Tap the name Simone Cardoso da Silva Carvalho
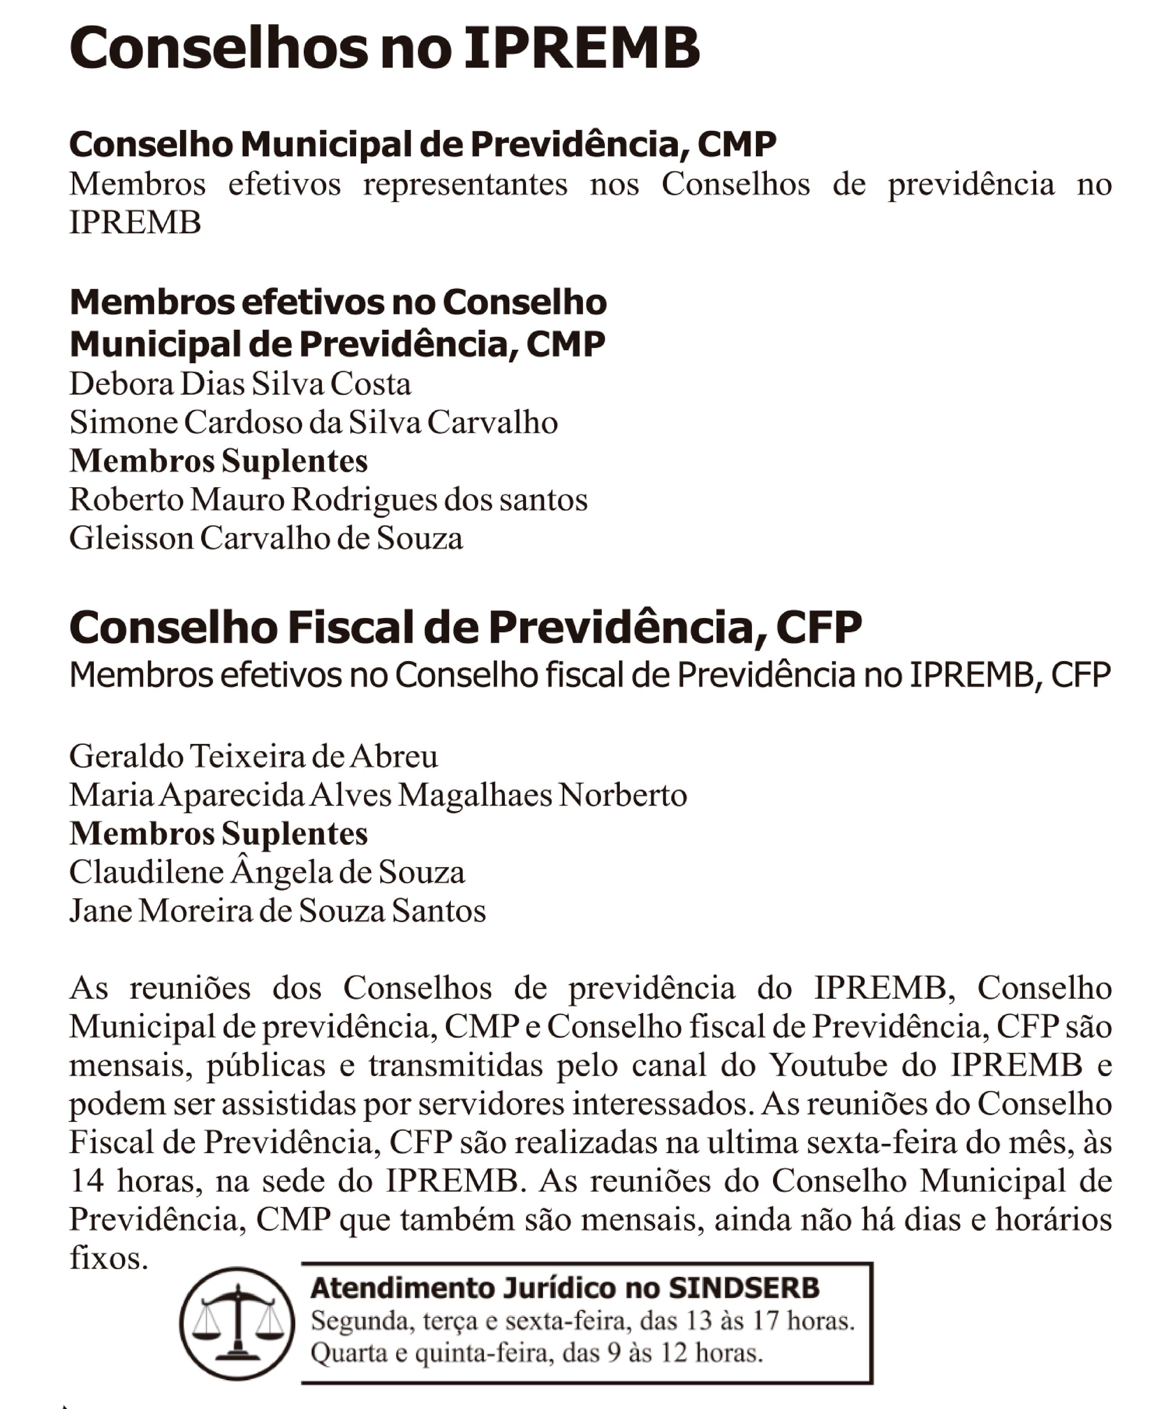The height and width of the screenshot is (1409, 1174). (313, 423)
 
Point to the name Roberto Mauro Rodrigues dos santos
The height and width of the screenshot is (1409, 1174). (328, 500)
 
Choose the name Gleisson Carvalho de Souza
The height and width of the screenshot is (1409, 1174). (266, 539)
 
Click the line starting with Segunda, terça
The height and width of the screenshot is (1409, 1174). (582, 1321)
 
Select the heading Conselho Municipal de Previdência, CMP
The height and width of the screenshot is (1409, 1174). (423, 144)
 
